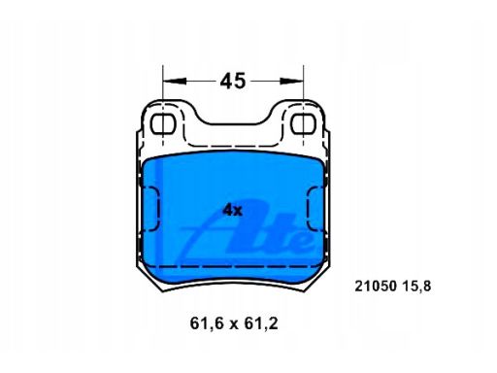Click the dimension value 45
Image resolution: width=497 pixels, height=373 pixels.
point(233,81)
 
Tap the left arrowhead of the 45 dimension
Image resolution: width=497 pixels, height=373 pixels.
point(175,81)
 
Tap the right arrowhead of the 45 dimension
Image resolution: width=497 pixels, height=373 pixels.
point(291,81)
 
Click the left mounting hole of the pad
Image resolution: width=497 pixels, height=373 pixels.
point(163,123)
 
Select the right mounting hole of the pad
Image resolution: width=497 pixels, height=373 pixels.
point(303,123)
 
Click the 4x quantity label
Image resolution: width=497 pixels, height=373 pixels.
point(232,211)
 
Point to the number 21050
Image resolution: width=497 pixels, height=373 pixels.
point(376,287)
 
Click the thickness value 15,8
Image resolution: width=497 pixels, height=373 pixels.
point(416,287)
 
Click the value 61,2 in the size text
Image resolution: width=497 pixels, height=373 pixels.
point(261,323)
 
